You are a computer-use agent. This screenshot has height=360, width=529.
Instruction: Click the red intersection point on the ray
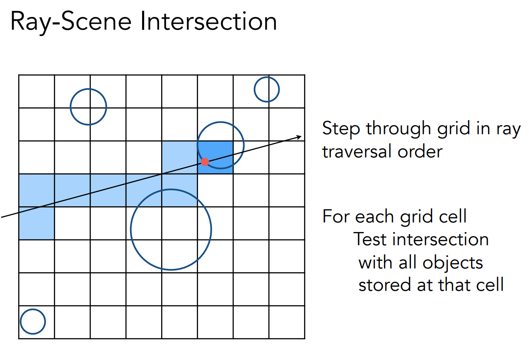pos(205,162)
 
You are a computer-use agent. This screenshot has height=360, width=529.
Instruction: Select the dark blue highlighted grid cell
pos(215,157)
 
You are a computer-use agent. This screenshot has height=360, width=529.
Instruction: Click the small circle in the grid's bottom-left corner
pos(33,321)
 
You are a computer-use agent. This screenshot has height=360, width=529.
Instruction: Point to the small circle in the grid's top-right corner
pos(267,89)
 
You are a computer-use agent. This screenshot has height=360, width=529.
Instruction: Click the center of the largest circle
pos(171,230)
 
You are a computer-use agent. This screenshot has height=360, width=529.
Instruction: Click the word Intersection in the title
pos(208,22)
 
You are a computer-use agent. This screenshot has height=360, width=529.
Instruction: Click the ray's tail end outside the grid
pos(2,216)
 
